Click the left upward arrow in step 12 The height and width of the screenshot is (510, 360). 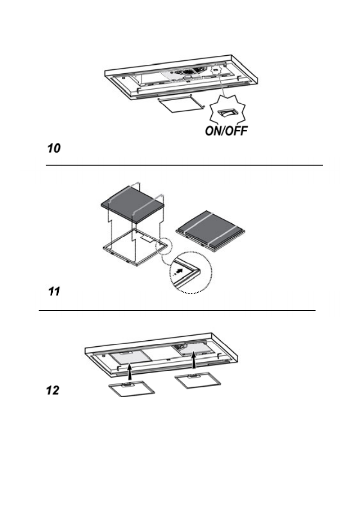click(129, 366)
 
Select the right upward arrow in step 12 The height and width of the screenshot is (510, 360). click(194, 361)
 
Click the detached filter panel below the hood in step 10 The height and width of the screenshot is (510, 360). click(180, 104)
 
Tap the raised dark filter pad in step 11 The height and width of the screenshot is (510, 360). click(133, 205)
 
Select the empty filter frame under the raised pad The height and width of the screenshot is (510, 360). click(135, 249)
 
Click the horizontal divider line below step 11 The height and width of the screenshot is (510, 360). click(177, 310)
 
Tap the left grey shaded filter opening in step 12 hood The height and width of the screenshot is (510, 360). click(125, 358)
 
